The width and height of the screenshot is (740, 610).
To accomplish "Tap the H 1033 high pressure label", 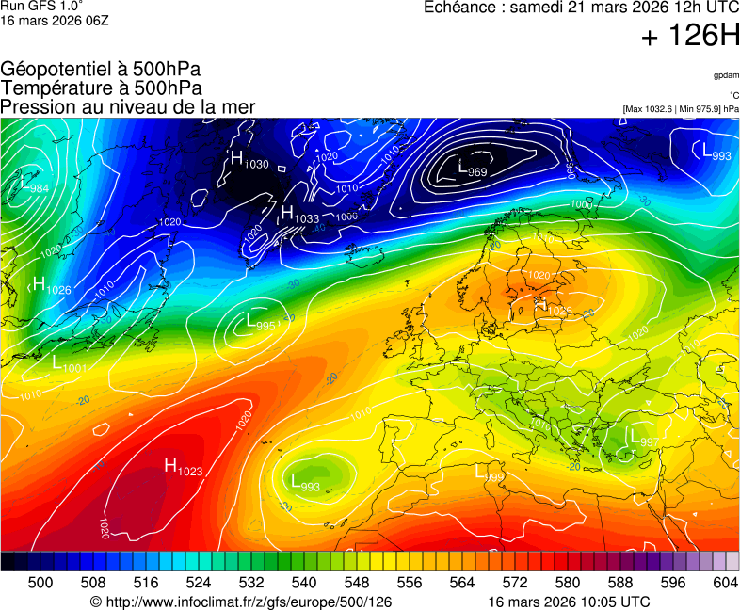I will (x=299, y=216).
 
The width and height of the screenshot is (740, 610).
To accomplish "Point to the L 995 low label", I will (x=261, y=323).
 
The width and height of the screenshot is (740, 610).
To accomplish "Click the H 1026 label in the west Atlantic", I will (x=51, y=286).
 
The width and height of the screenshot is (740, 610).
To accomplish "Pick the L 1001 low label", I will (x=70, y=363).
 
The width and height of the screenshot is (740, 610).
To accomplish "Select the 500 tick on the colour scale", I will (x=40, y=583).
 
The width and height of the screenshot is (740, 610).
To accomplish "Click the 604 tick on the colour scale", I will (x=725, y=583).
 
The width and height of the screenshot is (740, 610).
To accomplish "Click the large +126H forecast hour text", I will (x=690, y=36).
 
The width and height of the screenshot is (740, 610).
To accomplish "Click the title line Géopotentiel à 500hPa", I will (x=101, y=70).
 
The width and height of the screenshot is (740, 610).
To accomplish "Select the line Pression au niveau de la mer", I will (x=128, y=106).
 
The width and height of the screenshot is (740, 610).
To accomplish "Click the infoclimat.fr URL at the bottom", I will (x=240, y=602).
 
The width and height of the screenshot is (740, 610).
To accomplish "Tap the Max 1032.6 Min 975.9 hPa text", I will (x=681, y=109).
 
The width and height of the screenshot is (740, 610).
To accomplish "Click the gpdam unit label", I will (x=726, y=75).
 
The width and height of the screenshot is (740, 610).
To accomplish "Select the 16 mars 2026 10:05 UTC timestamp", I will (x=569, y=602).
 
